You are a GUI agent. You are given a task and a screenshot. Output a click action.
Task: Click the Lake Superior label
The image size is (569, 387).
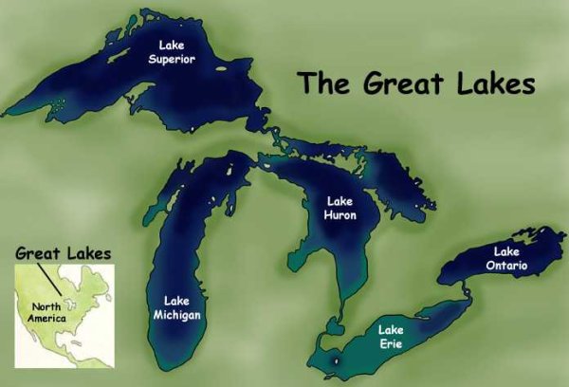click(x=171, y=50)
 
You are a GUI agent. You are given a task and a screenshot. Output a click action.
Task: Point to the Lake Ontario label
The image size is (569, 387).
click(x=507, y=257)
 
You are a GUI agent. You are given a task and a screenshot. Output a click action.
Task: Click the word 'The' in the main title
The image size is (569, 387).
click(x=322, y=83)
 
